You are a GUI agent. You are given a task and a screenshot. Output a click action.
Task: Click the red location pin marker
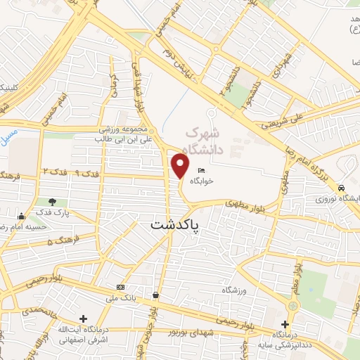coord(181,166)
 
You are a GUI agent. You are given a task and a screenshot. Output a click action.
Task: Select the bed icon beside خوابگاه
coord(202,170)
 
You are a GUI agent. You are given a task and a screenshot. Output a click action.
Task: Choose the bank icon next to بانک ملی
coord(121,287)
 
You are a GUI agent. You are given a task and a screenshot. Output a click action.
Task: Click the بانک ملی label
coord(120,297)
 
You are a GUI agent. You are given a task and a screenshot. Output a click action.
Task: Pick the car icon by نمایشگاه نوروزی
coord(341,188)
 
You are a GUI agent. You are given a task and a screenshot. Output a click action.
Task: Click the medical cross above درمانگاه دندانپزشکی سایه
coord(285,325)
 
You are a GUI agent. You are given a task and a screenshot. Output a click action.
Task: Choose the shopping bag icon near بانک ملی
coord(155,295)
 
